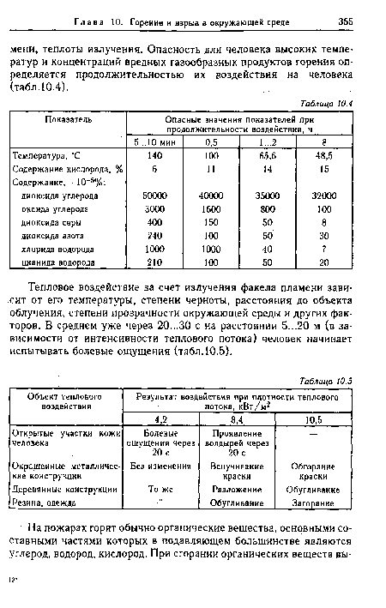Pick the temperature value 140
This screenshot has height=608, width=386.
pyautogui.click(x=155, y=156)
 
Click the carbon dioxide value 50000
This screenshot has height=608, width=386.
pyautogui.click(x=155, y=196)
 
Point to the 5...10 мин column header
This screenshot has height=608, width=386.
pyautogui.click(x=155, y=141)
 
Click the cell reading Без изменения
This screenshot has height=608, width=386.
pyautogui.click(x=160, y=466)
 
